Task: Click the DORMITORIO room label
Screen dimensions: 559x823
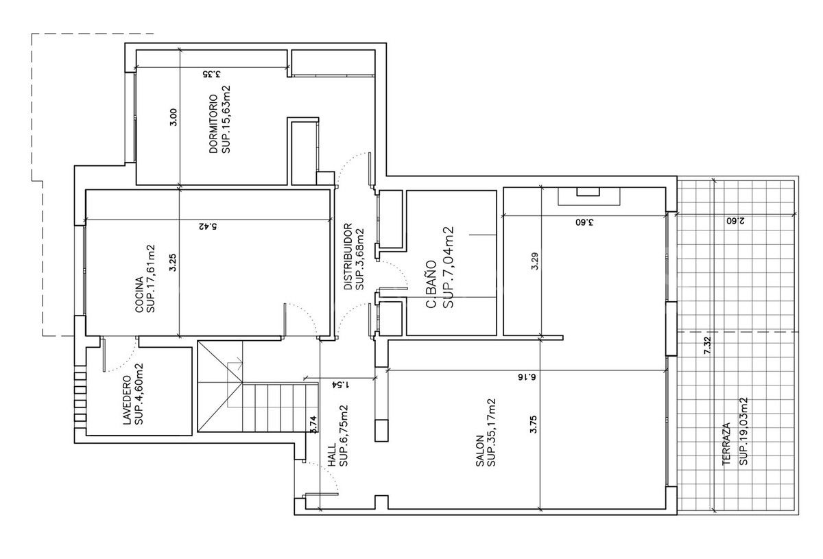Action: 213,123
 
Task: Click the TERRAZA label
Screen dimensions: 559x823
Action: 726,444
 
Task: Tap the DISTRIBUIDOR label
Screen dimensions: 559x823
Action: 348,256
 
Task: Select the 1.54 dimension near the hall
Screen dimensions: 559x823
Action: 337,384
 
